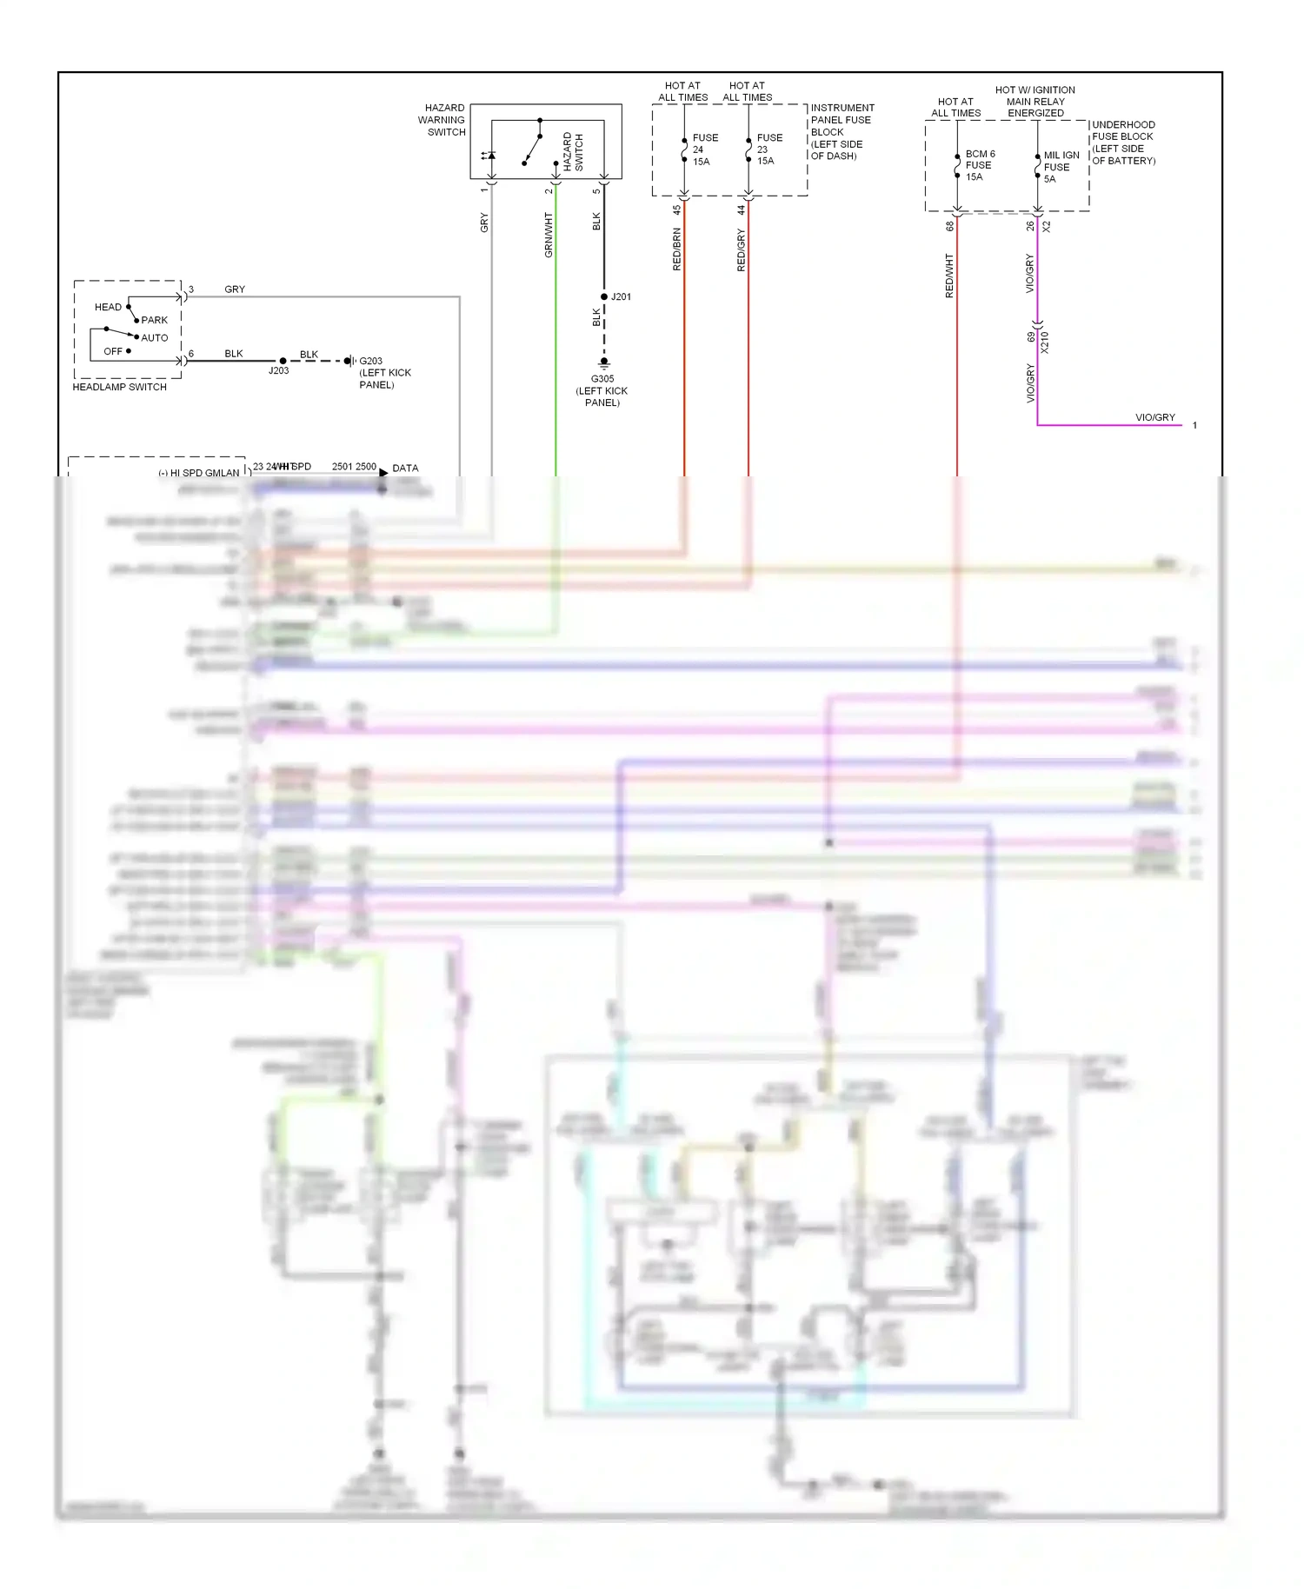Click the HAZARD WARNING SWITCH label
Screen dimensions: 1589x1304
[442, 120]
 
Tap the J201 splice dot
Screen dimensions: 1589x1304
[604, 297]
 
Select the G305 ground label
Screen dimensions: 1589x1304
[602, 390]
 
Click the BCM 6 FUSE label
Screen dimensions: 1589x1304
[979, 165]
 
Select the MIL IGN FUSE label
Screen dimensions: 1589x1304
[1061, 167]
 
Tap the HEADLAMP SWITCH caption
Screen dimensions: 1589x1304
[119, 387]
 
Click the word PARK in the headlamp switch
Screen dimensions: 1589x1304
[154, 320]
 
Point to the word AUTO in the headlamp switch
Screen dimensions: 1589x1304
[154, 338]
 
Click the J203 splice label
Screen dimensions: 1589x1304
[278, 370]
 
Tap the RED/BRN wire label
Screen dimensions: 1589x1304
[676, 249]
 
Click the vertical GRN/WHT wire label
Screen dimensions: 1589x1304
[548, 235]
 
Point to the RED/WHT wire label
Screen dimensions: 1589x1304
[948, 276]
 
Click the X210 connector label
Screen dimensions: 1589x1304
[1044, 342]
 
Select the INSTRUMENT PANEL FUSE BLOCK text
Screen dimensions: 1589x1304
[841, 132]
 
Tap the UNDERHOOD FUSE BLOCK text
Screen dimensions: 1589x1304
[1123, 143]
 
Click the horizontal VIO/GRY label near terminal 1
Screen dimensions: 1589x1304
[1154, 417]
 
